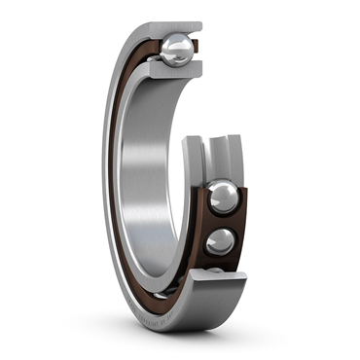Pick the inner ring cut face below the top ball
point(175,71)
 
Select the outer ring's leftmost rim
point(104,175)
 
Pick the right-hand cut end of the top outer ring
point(198,27)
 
